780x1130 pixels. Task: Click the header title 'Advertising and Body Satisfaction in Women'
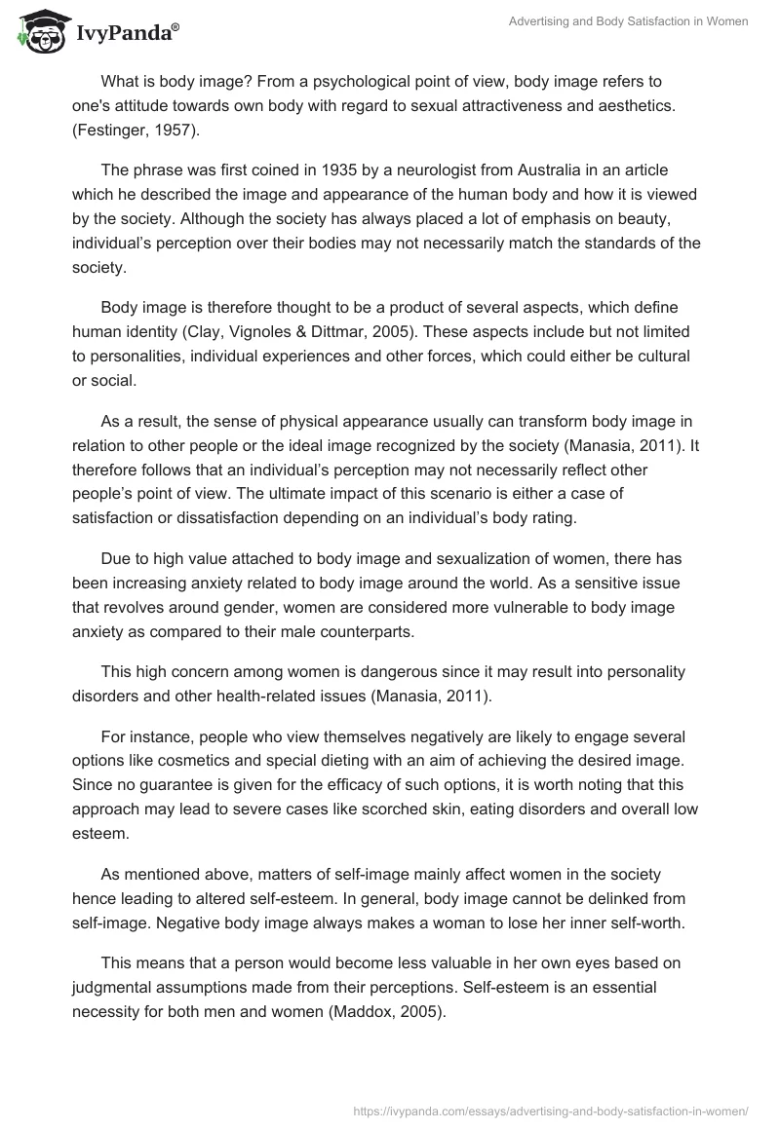(x=628, y=21)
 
